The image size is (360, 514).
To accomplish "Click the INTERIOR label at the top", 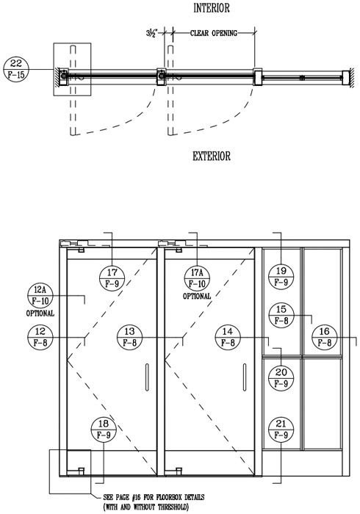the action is coord(212,8).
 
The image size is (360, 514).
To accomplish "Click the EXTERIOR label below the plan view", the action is coord(212,156).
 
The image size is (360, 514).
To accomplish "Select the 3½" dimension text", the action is coord(152,33).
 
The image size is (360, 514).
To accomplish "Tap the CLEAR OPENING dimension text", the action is coord(214,33).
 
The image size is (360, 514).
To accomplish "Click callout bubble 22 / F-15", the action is coord(16,69).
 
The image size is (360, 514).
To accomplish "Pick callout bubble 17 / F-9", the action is coord(112,278).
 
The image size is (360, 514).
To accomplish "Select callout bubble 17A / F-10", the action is coord(197,278).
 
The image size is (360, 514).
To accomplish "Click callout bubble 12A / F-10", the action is coord(40,296).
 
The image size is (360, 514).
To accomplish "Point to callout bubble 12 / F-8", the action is coord(40,337).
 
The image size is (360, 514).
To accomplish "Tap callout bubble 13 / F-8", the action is coord(130,337).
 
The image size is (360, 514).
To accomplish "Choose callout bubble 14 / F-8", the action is coord(228,337).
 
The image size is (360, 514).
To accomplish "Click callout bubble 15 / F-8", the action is coord(281,315).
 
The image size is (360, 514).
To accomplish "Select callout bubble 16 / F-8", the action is coord(324,337).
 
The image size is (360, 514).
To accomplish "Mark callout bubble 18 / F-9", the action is coord(104,430).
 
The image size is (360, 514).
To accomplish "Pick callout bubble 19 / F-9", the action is coord(281,277).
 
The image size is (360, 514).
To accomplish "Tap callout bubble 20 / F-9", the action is coord(281,378).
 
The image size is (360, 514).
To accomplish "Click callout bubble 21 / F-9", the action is coord(281,430).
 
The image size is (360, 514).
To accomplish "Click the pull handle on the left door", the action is coord(147,377).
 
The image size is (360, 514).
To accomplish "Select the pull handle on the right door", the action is coord(245,377).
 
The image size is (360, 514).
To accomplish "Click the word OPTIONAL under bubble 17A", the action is coord(197,296).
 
